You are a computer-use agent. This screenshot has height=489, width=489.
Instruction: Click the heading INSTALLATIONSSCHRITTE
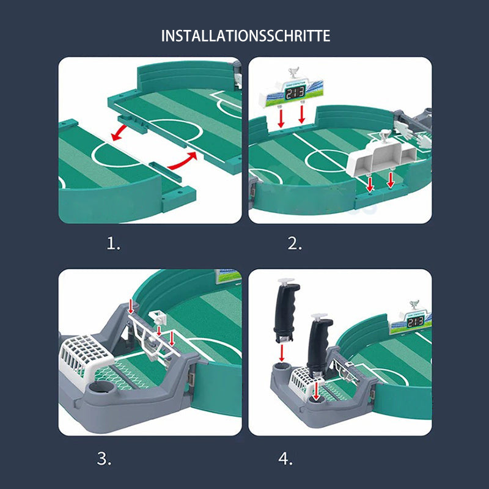(x=245, y=36)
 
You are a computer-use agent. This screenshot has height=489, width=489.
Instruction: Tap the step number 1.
(x=114, y=244)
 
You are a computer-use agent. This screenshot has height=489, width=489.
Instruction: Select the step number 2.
(x=295, y=244)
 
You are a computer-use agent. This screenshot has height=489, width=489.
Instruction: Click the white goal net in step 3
(x=86, y=357)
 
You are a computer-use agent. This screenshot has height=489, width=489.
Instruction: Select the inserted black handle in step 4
(x=319, y=345)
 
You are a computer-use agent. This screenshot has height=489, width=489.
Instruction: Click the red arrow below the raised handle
(x=282, y=353)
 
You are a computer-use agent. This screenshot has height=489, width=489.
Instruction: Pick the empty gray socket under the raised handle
(x=282, y=368)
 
